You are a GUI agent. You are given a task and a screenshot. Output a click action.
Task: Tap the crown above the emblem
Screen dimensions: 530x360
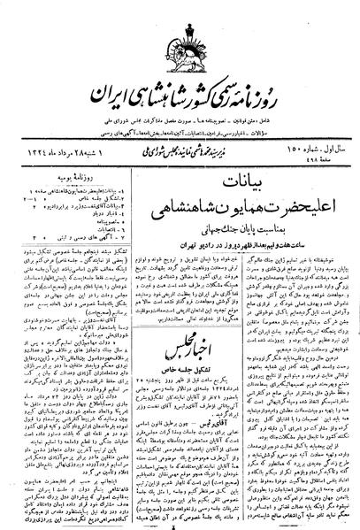pyautogui.click(x=179, y=14)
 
